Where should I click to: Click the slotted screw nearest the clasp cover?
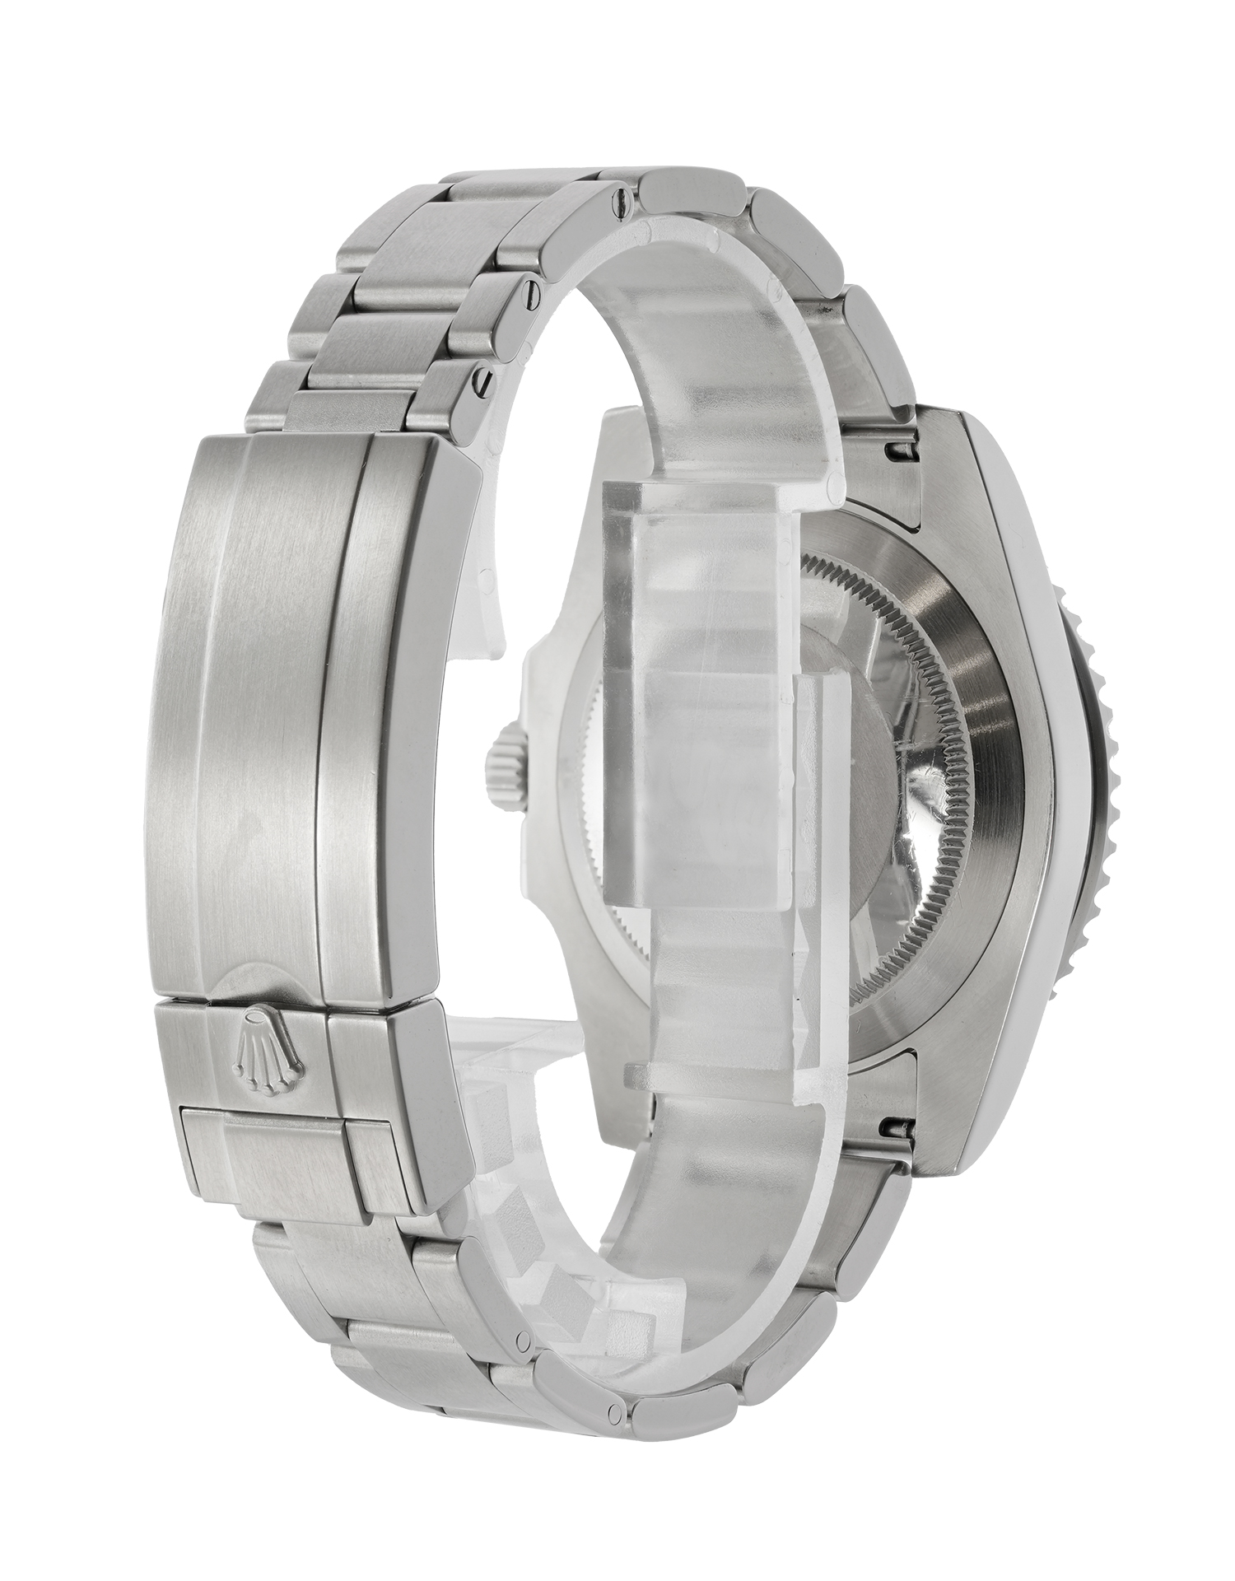pyautogui.click(x=486, y=380)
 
